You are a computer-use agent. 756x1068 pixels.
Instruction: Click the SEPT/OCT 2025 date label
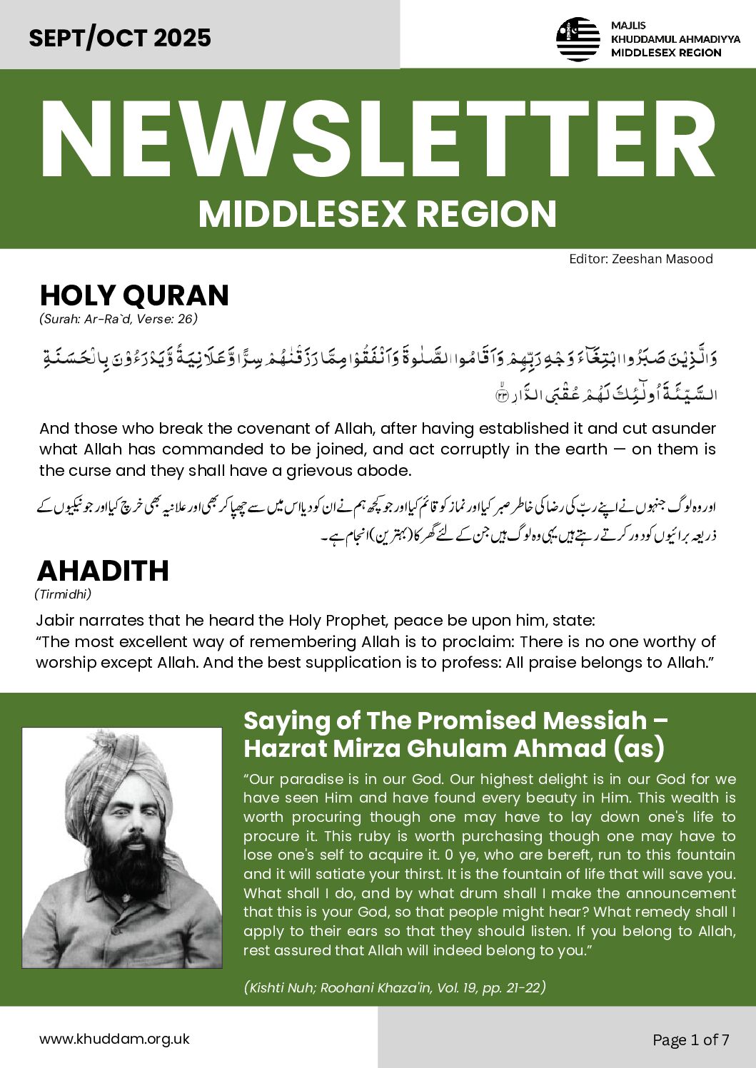[x=120, y=37]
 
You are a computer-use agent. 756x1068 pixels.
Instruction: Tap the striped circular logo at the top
[x=578, y=39]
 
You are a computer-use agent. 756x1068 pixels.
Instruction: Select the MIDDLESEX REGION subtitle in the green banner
[x=378, y=214]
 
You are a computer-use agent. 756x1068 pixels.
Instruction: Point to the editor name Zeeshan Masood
[x=662, y=259]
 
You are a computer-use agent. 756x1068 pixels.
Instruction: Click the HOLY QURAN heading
[x=134, y=295]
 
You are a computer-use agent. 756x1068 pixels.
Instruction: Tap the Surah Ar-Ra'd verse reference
[x=118, y=319]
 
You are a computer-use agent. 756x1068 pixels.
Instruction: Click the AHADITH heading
[x=103, y=571]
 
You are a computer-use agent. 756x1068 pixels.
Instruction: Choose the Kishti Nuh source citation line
[x=395, y=987]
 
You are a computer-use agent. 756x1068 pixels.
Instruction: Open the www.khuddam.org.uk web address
[x=114, y=1039]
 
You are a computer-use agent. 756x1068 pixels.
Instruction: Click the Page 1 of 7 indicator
[x=691, y=1039]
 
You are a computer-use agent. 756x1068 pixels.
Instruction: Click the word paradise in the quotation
[x=311, y=779]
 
